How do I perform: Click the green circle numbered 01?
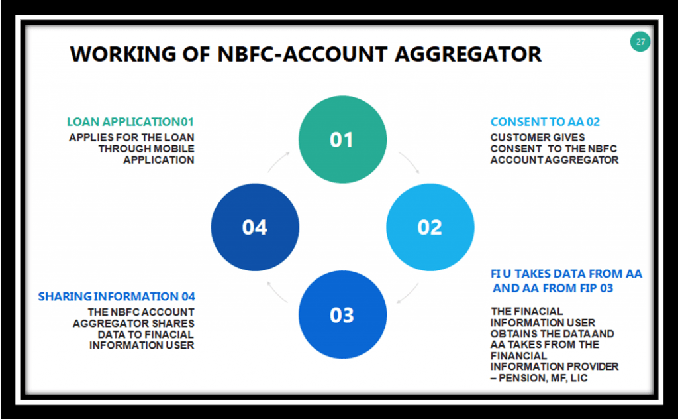[x=342, y=139]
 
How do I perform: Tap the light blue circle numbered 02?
[x=430, y=227]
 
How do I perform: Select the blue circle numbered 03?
[x=342, y=315]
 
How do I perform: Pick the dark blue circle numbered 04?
[x=255, y=227]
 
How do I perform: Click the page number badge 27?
[x=640, y=42]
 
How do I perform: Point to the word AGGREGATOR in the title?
[x=468, y=54]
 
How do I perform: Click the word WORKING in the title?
[x=123, y=54]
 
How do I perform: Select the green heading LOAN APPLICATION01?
[x=130, y=122]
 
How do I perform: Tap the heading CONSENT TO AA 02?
[x=546, y=122]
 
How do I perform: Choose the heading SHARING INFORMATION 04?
[x=117, y=296]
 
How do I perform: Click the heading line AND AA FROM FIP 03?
[x=553, y=288]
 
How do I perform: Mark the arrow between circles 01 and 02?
[x=409, y=162]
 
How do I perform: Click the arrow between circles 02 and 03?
[x=408, y=293]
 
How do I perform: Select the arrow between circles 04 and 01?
[x=279, y=162]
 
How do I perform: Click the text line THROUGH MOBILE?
[x=146, y=149]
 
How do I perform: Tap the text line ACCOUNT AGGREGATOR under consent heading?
[x=554, y=160]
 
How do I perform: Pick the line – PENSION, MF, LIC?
[x=539, y=378]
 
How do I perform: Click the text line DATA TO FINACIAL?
[x=146, y=335]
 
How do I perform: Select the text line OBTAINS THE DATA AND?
[x=552, y=334]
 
